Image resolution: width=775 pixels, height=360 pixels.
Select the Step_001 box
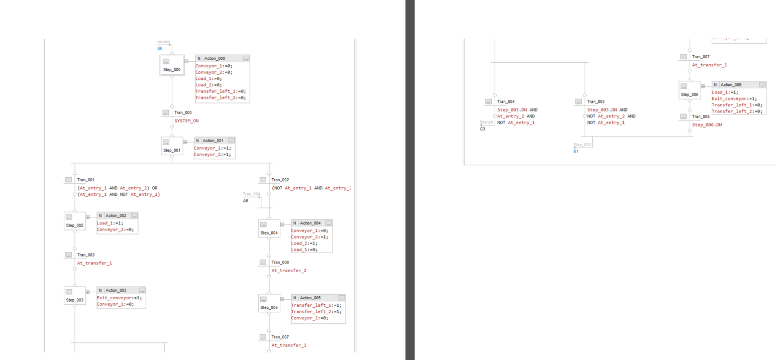(172, 146)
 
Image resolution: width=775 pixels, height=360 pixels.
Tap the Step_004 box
(269, 229)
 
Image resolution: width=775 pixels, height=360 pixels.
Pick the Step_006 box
(689, 90)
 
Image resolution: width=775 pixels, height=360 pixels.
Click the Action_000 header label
(214, 59)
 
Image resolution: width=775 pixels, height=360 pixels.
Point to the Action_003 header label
(116, 290)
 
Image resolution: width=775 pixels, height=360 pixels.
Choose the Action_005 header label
(310, 298)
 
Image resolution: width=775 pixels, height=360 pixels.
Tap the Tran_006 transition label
(280, 262)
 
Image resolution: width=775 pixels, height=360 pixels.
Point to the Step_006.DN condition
(707, 125)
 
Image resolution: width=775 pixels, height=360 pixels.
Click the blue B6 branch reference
(160, 48)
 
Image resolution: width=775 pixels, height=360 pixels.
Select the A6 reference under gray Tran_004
(245, 200)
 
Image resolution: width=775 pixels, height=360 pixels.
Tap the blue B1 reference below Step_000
(576, 151)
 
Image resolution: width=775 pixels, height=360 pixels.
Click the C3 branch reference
(482, 129)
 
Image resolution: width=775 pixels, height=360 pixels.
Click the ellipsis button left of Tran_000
(166, 112)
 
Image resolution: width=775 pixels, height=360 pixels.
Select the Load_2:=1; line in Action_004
(302, 243)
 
